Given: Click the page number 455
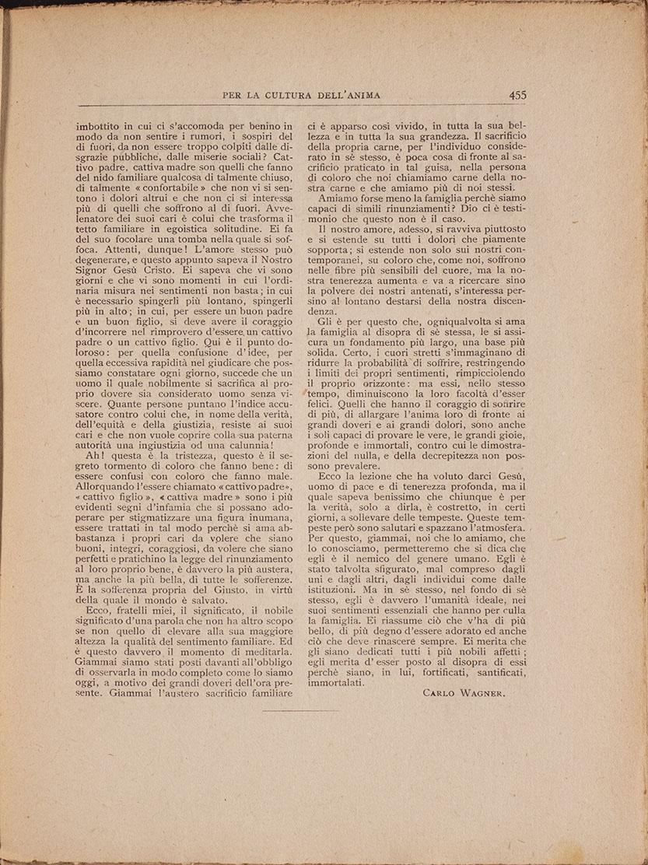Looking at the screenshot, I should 517,95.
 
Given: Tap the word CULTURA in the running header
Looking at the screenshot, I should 294,96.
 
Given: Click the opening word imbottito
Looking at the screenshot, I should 101,124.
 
